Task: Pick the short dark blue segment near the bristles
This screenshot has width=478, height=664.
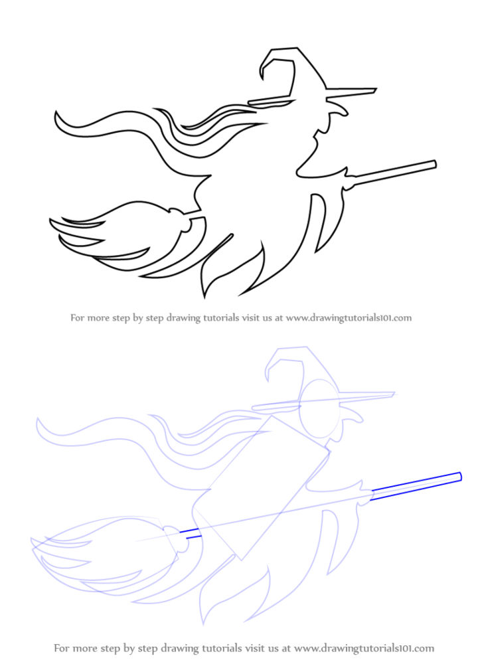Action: point(191,533)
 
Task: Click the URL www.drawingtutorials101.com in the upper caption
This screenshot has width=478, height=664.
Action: point(349,318)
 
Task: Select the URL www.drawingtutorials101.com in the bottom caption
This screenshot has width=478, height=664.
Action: point(364,647)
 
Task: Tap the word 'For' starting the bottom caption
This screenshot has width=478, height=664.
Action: point(62,647)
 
